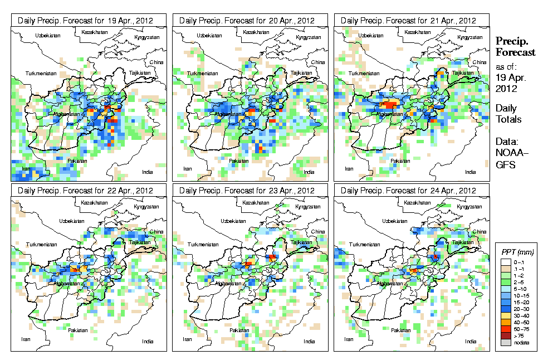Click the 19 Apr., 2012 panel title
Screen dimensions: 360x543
[89, 20]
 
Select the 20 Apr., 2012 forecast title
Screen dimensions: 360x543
[250, 20]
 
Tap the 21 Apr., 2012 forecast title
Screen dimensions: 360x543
[412, 20]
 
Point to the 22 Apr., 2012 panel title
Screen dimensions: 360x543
[89, 191]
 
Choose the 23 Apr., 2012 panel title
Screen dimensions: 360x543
[250, 191]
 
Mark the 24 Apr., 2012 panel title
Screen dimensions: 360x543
[412, 191]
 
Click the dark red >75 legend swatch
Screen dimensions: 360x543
[505, 335]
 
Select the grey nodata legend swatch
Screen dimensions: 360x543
[505, 342]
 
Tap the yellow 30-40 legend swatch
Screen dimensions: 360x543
[505, 315]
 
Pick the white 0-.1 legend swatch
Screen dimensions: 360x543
[505, 261]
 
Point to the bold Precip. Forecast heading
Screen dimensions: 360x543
[515, 47]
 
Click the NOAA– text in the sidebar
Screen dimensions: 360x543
[508, 153]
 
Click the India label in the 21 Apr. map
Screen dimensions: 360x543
[471, 171]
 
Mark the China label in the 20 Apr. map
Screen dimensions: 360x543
[318, 62]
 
